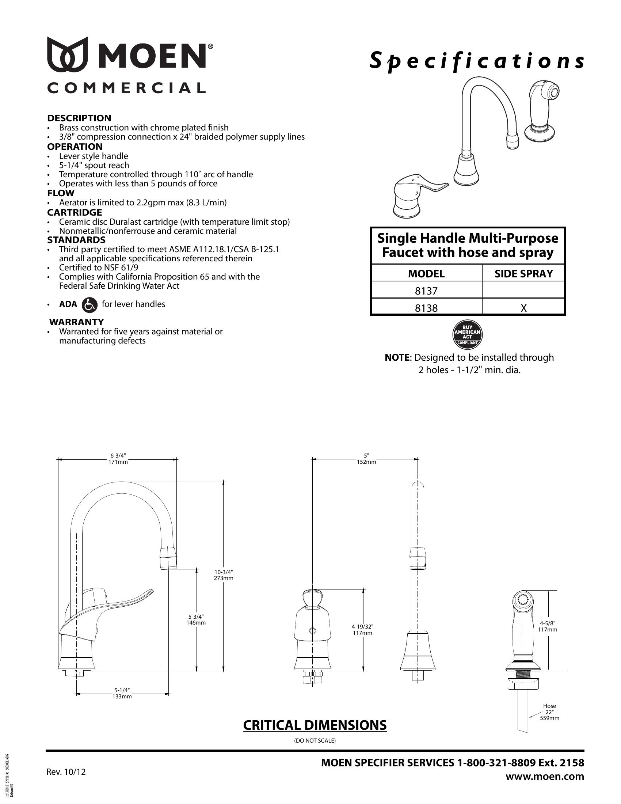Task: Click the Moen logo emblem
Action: click(68, 54)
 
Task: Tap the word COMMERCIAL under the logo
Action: click(126, 88)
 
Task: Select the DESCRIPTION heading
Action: click(79, 118)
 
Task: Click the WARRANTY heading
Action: click(76, 322)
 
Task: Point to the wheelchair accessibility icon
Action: click(89, 304)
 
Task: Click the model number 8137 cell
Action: click(426, 291)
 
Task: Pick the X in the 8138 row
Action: click(523, 308)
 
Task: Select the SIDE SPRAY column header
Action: click(523, 273)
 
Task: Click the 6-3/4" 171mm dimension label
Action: click(118, 459)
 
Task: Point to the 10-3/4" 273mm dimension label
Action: click(224, 574)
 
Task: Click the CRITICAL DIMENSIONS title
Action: click(315, 725)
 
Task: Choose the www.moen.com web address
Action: click(545, 777)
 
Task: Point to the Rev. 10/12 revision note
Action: click(66, 771)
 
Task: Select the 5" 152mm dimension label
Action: click(366, 459)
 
